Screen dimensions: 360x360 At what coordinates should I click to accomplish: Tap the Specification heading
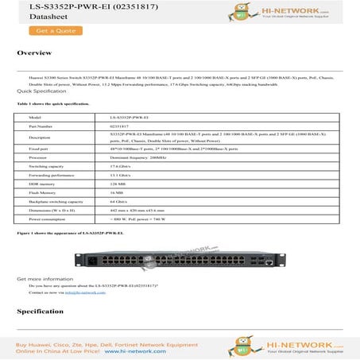[41, 311]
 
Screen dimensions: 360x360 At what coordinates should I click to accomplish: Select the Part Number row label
[40, 126]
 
